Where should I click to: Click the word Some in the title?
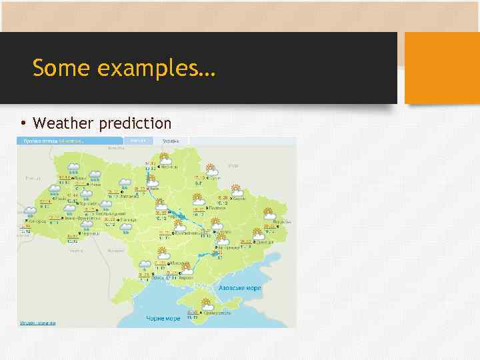55,68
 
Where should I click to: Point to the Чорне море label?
163,318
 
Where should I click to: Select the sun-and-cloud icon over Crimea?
207,305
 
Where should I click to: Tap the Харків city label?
241,198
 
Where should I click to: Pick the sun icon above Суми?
211,169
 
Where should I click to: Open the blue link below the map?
37,323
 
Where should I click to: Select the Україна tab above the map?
171,141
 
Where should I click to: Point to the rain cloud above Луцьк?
73,168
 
